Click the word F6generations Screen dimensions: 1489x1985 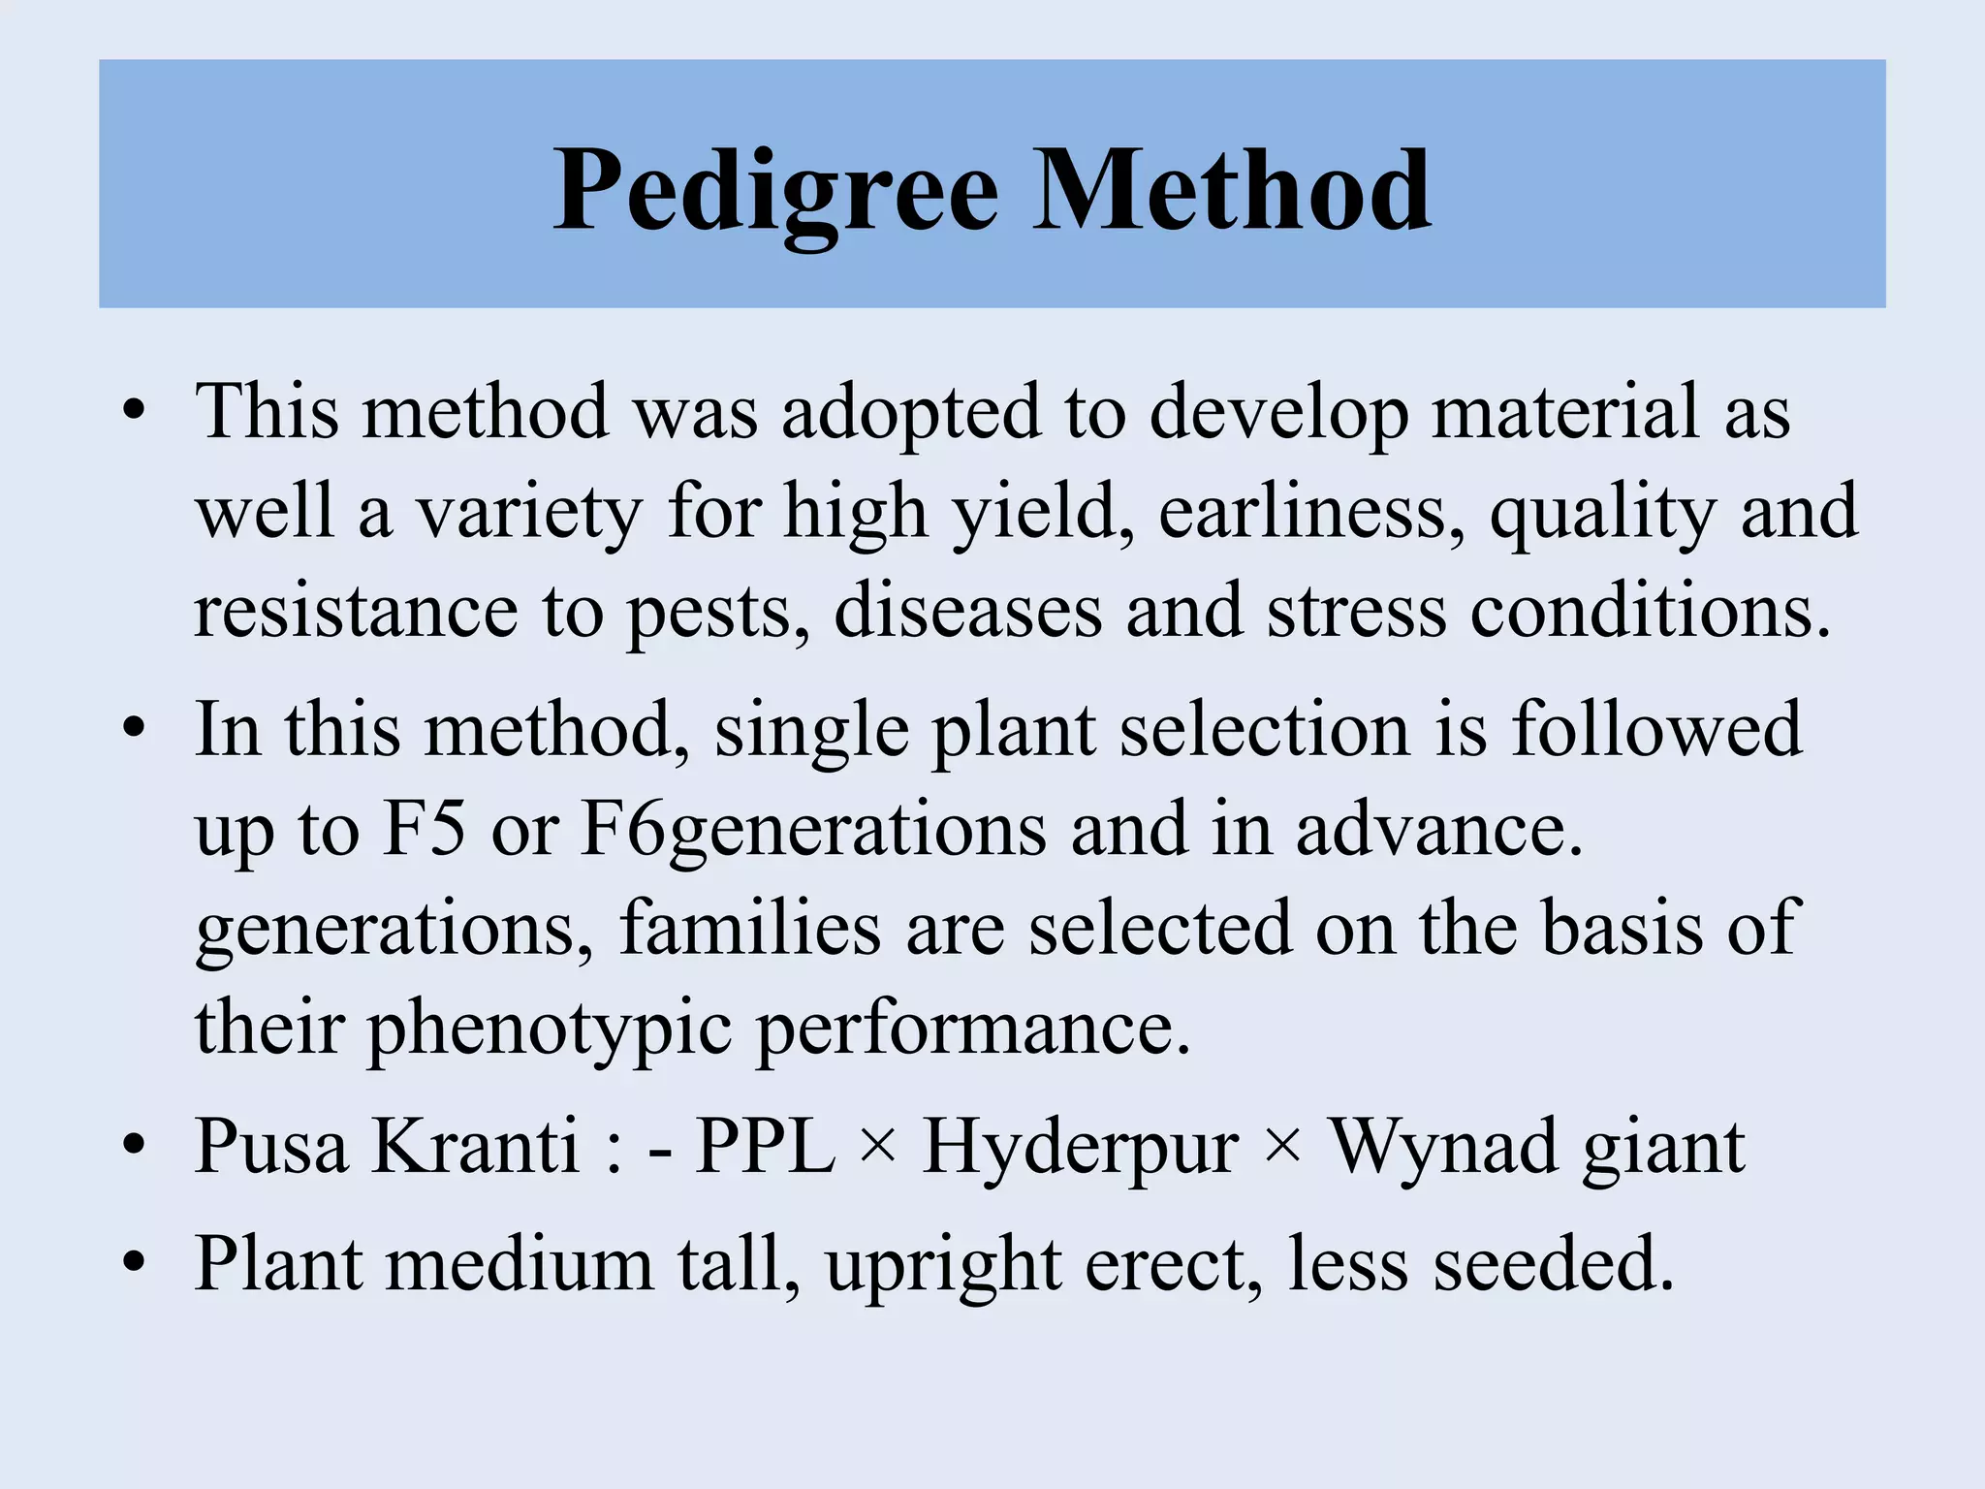(x=813, y=832)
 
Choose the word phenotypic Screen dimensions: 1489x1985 (x=549, y=1030)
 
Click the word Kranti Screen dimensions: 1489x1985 (x=475, y=1147)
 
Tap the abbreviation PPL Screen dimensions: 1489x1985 (x=765, y=1147)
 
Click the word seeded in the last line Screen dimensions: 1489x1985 (x=1554, y=1265)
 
